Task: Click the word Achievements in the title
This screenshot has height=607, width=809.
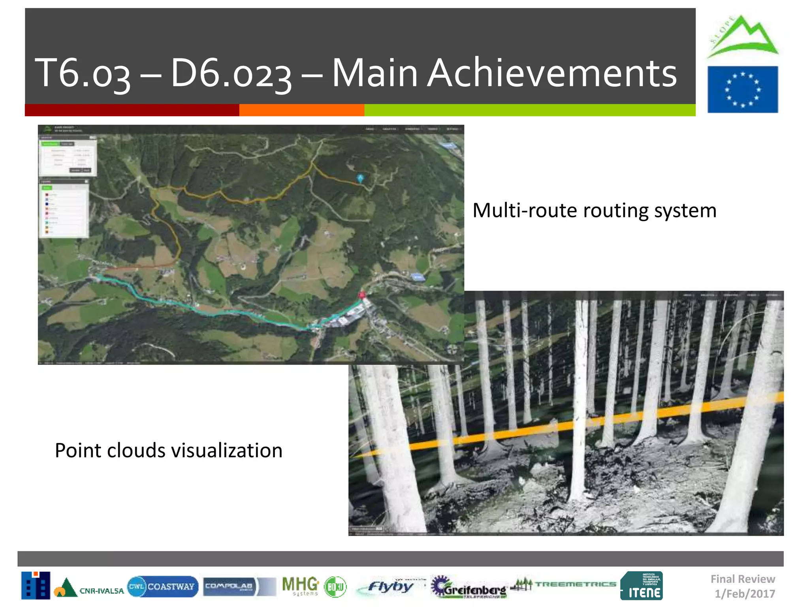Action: tap(552, 73)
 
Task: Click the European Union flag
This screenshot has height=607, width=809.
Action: tap(742, 90)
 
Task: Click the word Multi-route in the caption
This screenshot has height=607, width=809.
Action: tap(525, 210)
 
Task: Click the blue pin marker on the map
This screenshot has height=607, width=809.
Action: tap(360, 178)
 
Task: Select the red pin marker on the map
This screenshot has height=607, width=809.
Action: tap(361, 295)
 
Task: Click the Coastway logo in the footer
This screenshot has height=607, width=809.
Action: tap(163, 586)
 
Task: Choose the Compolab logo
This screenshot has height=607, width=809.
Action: tap(229, 586)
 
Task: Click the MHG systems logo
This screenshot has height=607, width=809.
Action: tap(300, 586)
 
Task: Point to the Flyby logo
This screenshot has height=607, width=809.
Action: tap(389, 586)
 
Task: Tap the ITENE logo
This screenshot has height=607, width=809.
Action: tap(642, 586)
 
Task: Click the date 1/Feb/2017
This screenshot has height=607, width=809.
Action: tap(745, 594)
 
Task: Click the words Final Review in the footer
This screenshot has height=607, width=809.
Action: tap(743, 579)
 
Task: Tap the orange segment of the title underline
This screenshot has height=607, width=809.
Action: tap(302, 110)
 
